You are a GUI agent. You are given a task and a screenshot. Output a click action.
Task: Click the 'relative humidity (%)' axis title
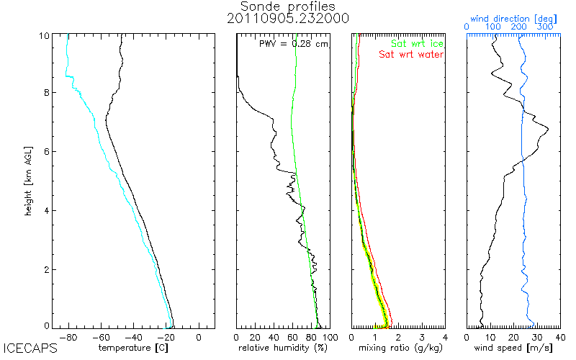[283, 348]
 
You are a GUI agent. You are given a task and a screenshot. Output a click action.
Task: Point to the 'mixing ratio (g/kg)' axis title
[397, 348]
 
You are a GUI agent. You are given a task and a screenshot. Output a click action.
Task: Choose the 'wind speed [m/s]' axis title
[514, 348]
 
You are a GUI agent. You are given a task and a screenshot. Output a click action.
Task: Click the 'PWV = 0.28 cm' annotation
[294, 44]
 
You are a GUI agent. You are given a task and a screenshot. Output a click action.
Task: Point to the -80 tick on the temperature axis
[69, 337]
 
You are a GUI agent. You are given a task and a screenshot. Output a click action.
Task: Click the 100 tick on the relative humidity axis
[328, 337]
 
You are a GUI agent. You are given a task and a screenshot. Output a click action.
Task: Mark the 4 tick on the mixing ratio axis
[445, 337]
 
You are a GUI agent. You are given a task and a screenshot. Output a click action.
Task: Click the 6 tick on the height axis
[46, 151]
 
